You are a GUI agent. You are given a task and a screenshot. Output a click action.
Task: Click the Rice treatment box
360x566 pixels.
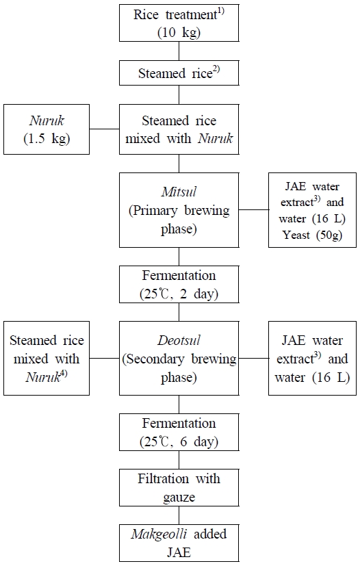[179, 22]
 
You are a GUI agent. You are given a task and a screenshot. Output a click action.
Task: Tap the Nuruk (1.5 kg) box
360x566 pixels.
[47, 129]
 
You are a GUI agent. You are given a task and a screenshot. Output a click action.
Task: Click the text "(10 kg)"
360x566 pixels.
[179, 31]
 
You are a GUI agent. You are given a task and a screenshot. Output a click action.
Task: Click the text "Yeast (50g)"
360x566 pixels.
[313, 236]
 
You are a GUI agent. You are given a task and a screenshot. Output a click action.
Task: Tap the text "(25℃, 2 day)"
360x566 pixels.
[179, 293]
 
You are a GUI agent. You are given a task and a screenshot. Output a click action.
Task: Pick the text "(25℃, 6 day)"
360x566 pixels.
[179, 441]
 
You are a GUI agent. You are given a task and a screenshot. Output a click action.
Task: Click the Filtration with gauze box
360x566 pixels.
[179, 487]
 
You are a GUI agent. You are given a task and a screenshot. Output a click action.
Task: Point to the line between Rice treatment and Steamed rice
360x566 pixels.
[179, 51]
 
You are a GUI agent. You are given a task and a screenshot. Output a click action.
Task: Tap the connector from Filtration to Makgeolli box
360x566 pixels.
[179, 513]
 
